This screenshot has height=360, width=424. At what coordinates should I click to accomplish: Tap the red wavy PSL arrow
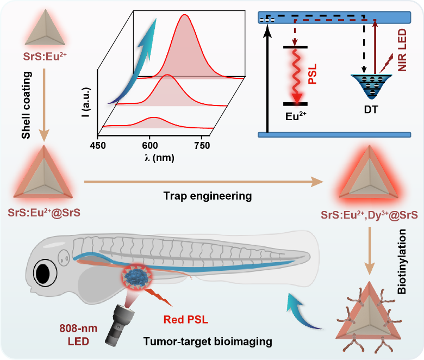tap(296, 76)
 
